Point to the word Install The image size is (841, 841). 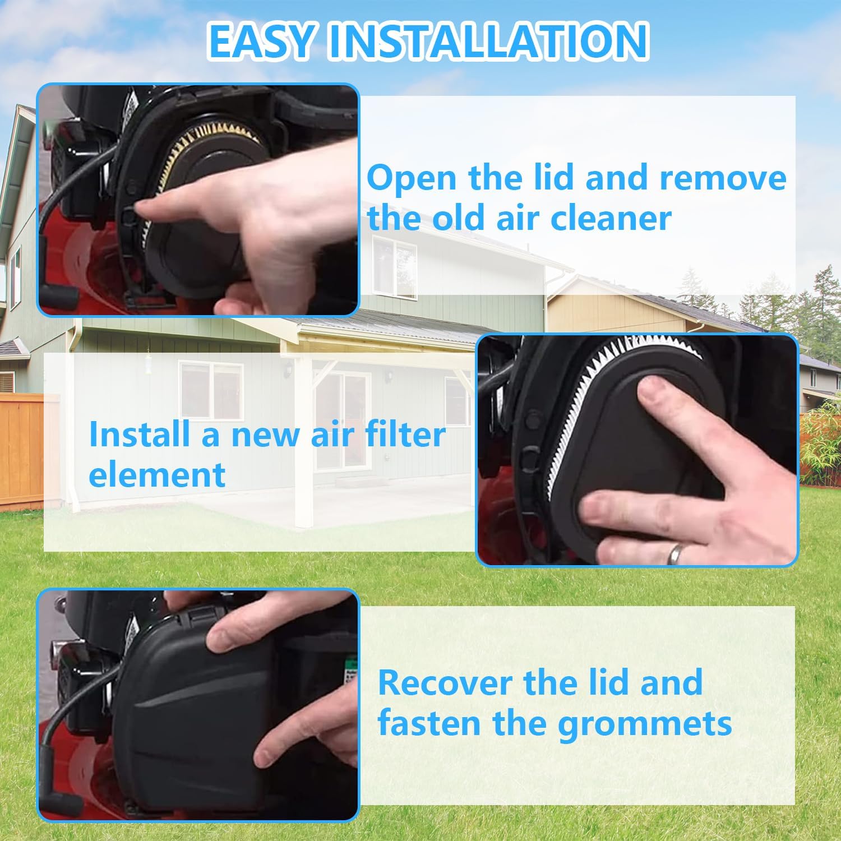(x=142, y=435)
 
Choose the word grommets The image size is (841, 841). (x=645, y=724)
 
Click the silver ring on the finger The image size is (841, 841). (x=674, y=553)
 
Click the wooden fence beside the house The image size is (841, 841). (x=22, y=449)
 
